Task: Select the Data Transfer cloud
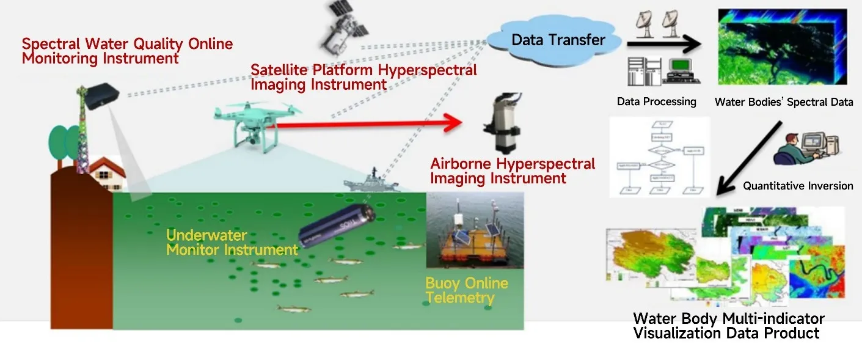(x=557, y=40)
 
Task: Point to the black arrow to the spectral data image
(x=663, y=44)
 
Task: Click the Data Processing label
(x=656, y=101)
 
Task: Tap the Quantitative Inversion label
(x=798, y=186)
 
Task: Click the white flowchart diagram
(x=660, y=157)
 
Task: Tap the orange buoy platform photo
(x=475, y=231)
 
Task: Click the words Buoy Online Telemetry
(x=467, y=290)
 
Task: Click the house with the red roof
(x=108, y=174)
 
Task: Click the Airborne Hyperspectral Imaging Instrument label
(x=512, y=171)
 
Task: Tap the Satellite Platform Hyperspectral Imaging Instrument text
(x=363, y=77)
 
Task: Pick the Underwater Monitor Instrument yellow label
(x=232, y=243)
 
